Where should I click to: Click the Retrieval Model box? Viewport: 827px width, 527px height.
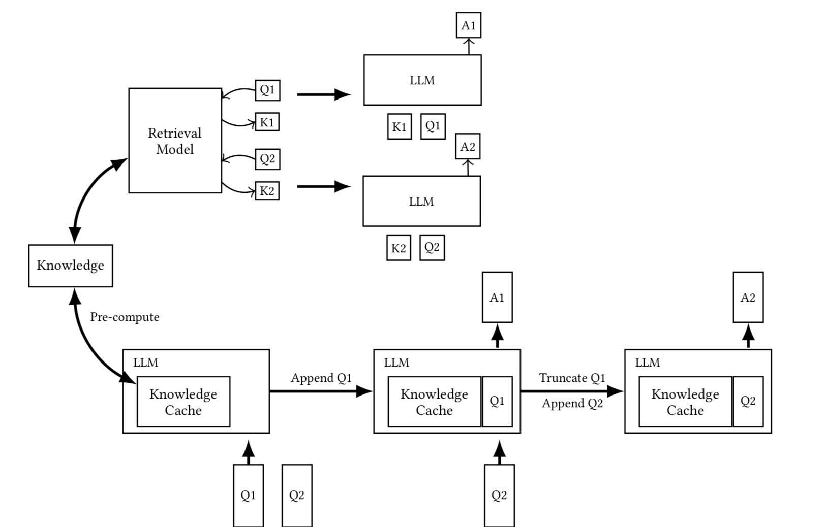[175, 141]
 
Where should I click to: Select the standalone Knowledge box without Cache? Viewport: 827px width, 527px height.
[71, 266]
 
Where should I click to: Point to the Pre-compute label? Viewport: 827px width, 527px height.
[125, 317]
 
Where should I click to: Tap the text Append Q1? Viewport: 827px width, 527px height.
[321, 378]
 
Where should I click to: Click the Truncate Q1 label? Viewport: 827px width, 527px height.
[572, 378]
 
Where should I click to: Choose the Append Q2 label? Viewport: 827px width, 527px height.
[572, 404]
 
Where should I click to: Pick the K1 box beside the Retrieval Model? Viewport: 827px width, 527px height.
[267, 122]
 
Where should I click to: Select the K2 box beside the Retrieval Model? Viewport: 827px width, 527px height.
[267, 191]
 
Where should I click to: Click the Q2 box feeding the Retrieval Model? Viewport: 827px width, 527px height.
[267, 159]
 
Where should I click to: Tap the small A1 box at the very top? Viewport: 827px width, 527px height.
[468, 25]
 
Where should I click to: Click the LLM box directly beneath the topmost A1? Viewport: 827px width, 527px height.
[422, 80]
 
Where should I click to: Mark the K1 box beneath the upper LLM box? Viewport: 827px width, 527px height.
[399, 126]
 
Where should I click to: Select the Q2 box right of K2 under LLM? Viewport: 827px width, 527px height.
[432, 248]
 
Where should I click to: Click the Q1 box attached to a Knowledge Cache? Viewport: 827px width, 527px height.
[497, 402]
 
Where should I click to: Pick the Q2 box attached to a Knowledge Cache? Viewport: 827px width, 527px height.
[748, 402]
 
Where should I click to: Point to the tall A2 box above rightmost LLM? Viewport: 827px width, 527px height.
[748, 298]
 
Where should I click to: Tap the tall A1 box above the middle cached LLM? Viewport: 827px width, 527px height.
[497, 298]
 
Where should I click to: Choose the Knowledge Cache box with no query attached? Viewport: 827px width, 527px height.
[183, 402]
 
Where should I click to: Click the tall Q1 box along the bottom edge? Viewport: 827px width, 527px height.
[248, 495]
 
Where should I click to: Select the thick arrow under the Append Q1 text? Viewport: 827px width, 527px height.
[320, 391]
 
